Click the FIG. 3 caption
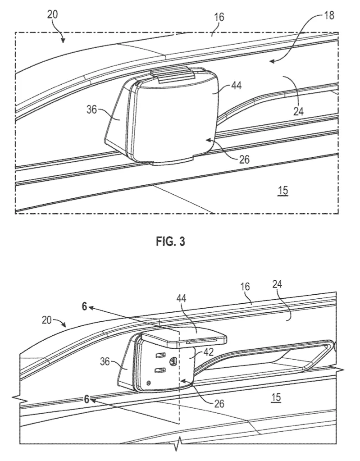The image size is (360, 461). coord(170,242)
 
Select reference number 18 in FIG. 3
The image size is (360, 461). coord(329,15)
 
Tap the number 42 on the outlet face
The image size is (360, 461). coord(208,352)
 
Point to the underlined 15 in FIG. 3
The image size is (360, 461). coord(283,191)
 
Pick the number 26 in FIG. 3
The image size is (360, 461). coord(244,159)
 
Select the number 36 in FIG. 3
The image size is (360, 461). coord(92,110)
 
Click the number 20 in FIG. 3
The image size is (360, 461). coord(53,14)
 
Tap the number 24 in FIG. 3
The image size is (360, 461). coord(298,111)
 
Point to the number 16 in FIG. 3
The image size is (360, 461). coord(219,17)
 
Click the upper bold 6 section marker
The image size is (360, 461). coord(85,306)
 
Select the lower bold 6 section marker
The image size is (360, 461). coord(86,399)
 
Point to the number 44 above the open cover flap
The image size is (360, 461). coord(181,299)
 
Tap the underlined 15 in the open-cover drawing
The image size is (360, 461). coord(276,397)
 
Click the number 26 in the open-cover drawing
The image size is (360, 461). coord(219,404)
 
